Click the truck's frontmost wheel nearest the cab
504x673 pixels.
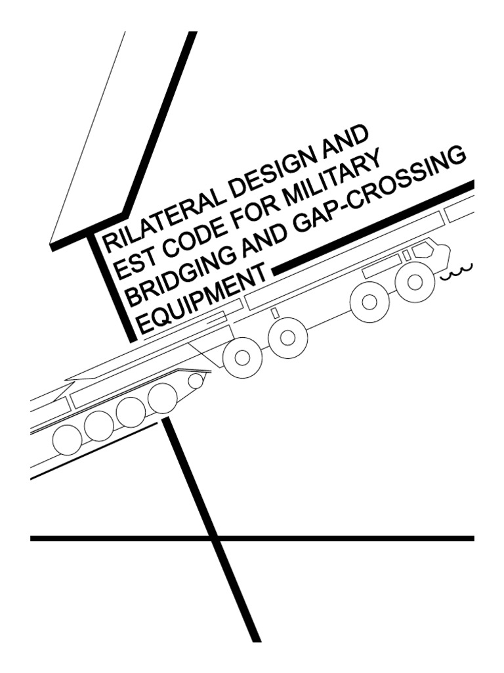[415, 281]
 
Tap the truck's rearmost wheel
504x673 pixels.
[243, 357]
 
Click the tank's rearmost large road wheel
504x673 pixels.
[67, 440]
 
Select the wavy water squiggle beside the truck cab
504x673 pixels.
[457, 271]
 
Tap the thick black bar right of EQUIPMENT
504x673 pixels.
[373, 227]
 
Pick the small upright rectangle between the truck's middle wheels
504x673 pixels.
[275, 313]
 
